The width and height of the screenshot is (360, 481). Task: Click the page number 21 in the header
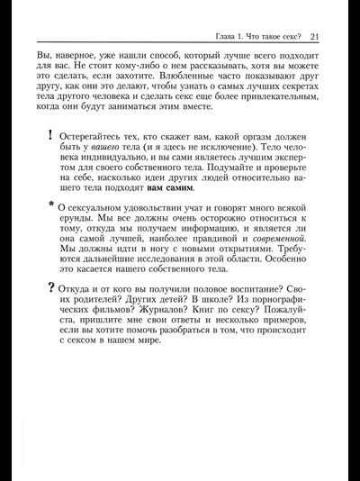pos(314,37)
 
